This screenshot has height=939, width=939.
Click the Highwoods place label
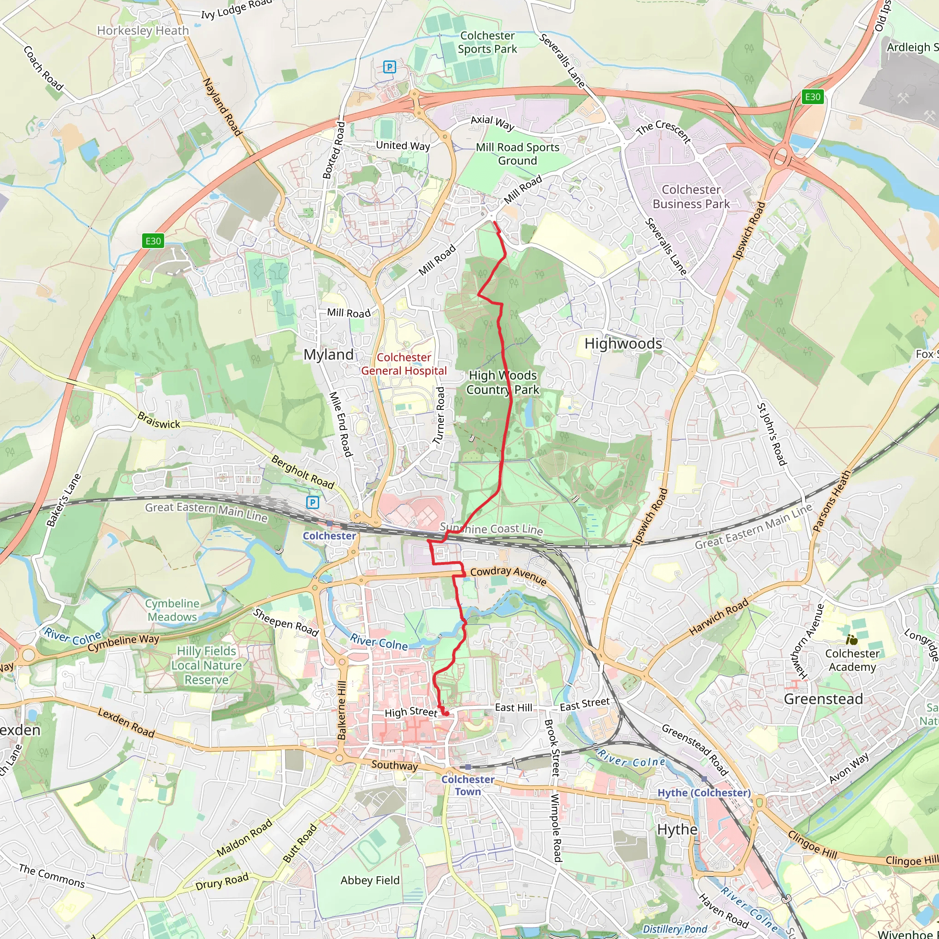pyautogui.click(x=623, y=343)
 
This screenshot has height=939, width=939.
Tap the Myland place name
pyautogui.click(x=329, y=355)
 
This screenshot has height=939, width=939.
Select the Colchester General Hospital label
pyautogui.click(x=403, y=364)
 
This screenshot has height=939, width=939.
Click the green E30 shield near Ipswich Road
pyautogui.click(x=812, y=97)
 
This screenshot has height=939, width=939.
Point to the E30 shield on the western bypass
pyautogui.click(x=153, y=241)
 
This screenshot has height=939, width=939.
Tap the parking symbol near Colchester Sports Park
pyautogui.click(x=389, y=66)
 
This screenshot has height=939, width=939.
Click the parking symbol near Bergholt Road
pyautogui.click(x=313, y=503)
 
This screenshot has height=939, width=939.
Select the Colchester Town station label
pyautogui.click(x=468, y=785)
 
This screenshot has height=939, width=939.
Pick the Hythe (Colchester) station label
pyautogui.click(x=704, y=793)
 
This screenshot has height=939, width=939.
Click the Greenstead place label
pyautogui.click(x=823, y=699)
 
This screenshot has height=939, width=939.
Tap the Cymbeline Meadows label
pyautogui.click(x=172, y=610)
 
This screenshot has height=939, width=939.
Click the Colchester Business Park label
pyautogui.click(x=690, y=197)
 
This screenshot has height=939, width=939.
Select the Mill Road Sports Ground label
pyautogui.click(x=517, y=154)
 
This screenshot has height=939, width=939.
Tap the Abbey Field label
pyautogui.click(x=370, y=880)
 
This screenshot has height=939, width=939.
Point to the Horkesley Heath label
pyautogui.click(x=143, y=31)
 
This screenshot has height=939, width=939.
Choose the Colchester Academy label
pyautogui.click(x=852, y=660)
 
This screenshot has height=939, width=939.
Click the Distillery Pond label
pyautogui.click(x=674, y=929)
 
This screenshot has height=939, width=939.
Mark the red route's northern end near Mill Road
pyautogui.click(x=495, y=223)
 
